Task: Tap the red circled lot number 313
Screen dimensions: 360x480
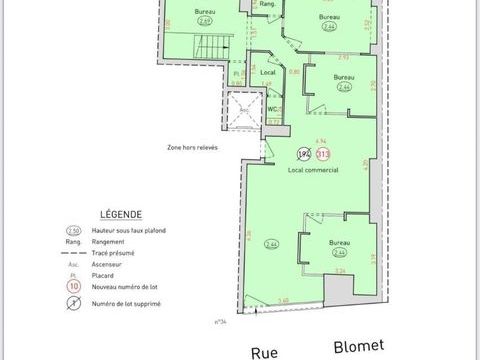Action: (x=323, y=154)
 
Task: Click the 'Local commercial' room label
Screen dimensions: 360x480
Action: (x=313, y=171)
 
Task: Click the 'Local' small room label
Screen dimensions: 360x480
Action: (x=267, y=73)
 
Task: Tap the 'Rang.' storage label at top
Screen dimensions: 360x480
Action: (x=267, y=5)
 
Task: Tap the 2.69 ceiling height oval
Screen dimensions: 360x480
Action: (x=204, y=19)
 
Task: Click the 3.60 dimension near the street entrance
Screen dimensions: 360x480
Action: (x=283, y=300)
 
